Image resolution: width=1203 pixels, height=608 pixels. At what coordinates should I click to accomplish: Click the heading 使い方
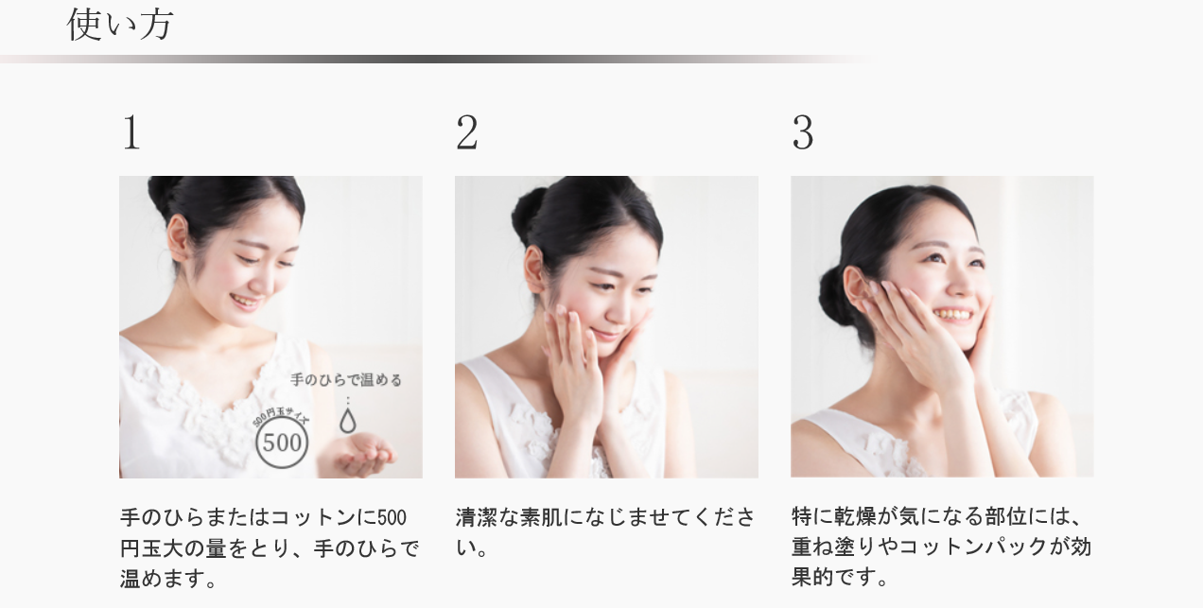coord(119,25)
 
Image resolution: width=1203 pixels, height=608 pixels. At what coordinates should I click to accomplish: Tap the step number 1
coord(131,132)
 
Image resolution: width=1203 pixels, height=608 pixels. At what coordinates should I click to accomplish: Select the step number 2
coord(466,132)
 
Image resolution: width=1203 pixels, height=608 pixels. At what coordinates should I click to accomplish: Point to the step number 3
coord(803,132)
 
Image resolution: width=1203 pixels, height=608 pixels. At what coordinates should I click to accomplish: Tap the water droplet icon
coord(348,420)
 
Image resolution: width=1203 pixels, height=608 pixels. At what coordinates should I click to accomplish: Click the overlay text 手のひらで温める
coord(346,380)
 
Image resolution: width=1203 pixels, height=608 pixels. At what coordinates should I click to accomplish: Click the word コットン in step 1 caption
coord(306,517)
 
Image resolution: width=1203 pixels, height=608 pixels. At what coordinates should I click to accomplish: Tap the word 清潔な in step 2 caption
coord(486,517)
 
